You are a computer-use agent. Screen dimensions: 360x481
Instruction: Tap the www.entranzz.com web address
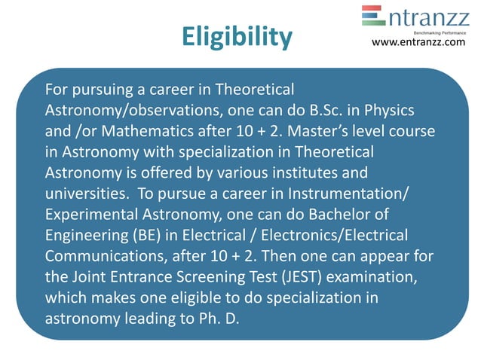pyautogui.click(x=419, y=42)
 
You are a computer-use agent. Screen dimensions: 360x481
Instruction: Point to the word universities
pyautogui.click(x=81, y=191)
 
